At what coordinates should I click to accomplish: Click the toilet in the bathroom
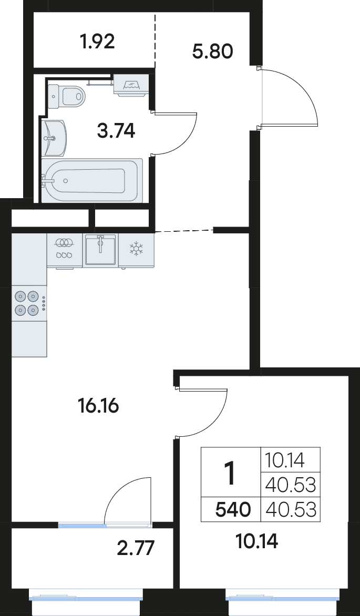[x=66, y=96]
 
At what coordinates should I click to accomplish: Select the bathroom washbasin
[x=54, y=138]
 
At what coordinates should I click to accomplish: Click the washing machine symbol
[x=131, y=84]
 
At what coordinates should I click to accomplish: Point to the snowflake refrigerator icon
[x=137, y=248]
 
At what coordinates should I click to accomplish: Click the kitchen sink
[x=100, y=250]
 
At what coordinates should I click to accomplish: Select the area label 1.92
[x=97, y=41]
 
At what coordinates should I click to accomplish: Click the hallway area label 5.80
[x=213, y=51]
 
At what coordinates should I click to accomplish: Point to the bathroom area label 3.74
[x=116, y=131]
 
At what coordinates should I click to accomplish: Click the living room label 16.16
[x=98, y=406]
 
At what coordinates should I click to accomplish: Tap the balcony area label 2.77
[x=135, y=548]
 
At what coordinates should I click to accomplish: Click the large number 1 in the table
[x=230, y=473]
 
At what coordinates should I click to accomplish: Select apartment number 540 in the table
[x=233, y=510]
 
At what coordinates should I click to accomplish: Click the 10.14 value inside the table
[x=285, y=460]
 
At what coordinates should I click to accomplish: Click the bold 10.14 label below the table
[x=258, y=542]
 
